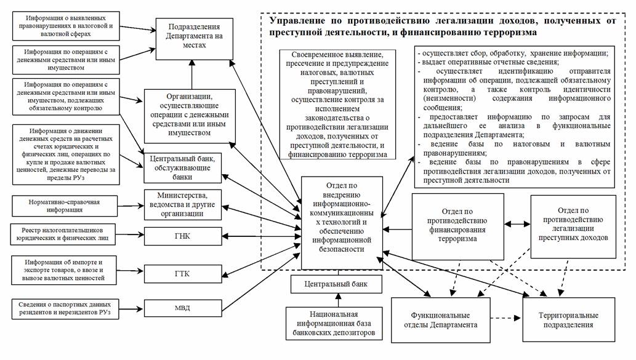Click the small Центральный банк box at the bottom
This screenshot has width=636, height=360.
336,284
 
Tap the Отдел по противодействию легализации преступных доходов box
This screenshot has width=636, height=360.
573,225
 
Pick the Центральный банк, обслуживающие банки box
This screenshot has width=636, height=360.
183,167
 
